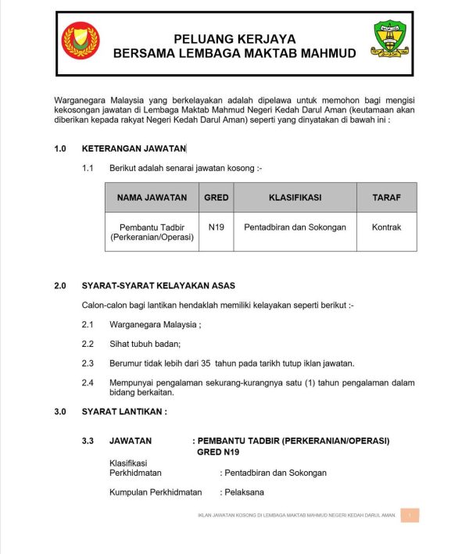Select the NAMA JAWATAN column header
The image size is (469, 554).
point(152,198)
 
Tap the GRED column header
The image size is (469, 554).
point(216,198)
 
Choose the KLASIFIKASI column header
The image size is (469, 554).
point(295,198)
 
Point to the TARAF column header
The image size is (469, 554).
point(386,198)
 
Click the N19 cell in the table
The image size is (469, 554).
point(217,227)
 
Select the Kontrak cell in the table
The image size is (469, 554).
point(386,227)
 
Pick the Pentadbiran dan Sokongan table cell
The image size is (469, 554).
point(295,227)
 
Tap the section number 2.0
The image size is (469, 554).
point(60,285)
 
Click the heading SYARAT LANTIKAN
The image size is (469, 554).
point(124,411)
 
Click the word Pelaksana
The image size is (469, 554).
point(244,492)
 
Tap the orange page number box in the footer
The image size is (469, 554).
point(410,516)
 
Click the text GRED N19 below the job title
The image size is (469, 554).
point(218,452)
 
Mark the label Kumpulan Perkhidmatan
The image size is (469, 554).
point(156,492)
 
